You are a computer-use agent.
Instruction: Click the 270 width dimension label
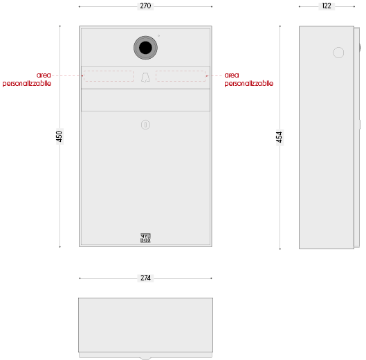coord(145,6)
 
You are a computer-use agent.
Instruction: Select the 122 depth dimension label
coord(327,6)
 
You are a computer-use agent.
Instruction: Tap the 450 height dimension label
coord(60,136)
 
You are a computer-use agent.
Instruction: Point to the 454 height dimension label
coord(280,137)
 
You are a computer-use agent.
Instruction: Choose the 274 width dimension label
coord(145,278)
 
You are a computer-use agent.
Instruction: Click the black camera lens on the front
coord(145,48)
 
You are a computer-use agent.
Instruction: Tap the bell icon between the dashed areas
coord(145,78)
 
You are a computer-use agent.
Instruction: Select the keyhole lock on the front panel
coord(145,125)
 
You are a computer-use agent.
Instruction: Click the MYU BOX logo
coord(145,238)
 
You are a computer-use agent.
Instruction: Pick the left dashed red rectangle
coord(109,76)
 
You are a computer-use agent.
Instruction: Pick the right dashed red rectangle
coord(181,76)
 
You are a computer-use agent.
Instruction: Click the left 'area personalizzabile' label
coord(27,79)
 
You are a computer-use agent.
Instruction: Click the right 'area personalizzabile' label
coord(249,79)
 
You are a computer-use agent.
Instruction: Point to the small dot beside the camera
coord(158,36)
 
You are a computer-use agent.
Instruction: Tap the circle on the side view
coord(338,53)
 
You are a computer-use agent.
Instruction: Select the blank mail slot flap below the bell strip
coord(145,100)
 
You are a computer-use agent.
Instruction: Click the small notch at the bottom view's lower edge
coord(145,359)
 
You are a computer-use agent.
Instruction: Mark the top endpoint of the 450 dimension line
coord(60,26)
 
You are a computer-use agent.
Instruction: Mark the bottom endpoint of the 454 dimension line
coord(280,249)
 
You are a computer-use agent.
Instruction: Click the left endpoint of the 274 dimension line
coord(80,278)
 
